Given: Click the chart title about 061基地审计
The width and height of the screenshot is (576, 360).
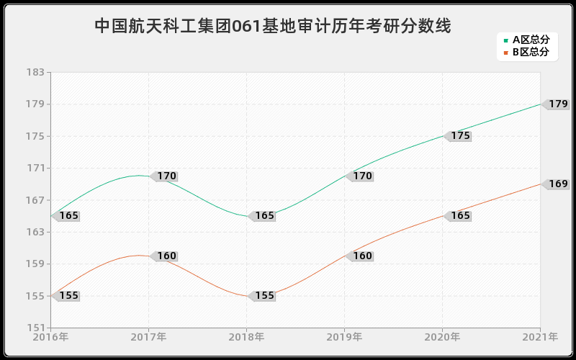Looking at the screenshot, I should [x=273, y=27].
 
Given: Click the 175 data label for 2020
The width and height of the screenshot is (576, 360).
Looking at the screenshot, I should [x=460, y=136].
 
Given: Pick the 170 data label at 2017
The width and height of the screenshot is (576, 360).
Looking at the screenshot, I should [x=166, y=176].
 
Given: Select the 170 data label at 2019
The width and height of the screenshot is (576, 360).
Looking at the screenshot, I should [x=362, y=176].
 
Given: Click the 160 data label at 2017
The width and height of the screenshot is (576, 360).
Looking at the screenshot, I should [x=166, y=256].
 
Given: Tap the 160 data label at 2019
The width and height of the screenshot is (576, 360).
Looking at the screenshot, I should [x=362, y=256].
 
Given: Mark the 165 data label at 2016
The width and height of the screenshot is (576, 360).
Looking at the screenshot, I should [x=68, y=216].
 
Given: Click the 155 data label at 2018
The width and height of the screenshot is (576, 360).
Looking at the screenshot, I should [x=264, y=296].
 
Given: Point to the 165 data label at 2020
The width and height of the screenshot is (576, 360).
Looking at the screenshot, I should [x=460, y=216].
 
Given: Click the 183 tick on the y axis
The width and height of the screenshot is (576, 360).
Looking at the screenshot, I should [x=35, y=73].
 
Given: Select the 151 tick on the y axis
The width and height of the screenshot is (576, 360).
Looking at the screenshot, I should [x=35, y=328].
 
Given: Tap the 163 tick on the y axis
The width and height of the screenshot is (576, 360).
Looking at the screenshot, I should [x=35, y=233].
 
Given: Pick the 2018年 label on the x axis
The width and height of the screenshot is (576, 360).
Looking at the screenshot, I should [x=246, y=337].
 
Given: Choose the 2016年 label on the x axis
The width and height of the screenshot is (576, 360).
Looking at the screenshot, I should [x=50, y=337].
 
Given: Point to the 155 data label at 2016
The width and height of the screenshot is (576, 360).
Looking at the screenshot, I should [x=68, y=296].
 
